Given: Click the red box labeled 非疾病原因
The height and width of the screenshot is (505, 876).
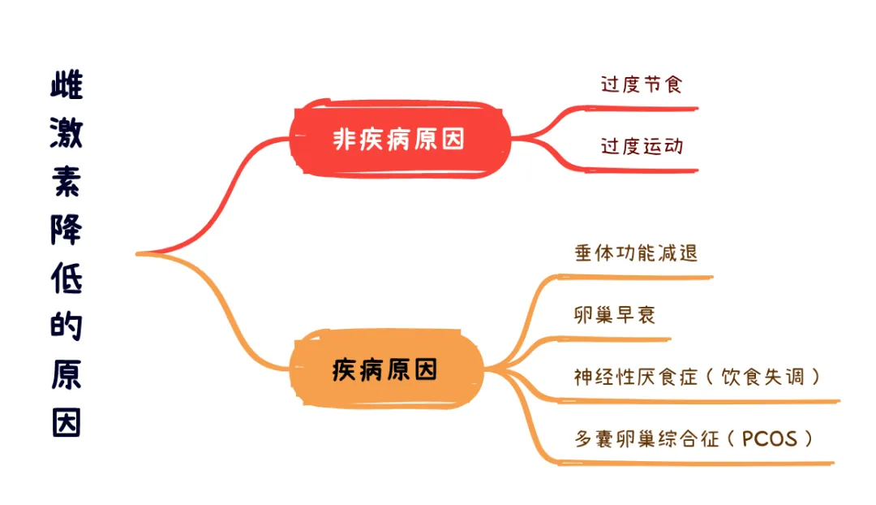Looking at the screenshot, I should tap(400, 138).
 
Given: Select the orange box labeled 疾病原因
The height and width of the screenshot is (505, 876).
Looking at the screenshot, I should tap(385, 370).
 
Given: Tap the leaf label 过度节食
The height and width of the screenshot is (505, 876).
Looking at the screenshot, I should tap(641, 84).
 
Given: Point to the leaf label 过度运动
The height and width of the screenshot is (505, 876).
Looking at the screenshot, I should tap(641, 146).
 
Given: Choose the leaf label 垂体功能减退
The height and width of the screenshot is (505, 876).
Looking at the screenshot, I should tap(636, 252).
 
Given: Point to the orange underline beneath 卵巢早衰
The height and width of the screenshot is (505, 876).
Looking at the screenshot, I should tap(616, 339).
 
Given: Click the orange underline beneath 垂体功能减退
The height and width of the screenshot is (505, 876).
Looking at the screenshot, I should tap(641, 277).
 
